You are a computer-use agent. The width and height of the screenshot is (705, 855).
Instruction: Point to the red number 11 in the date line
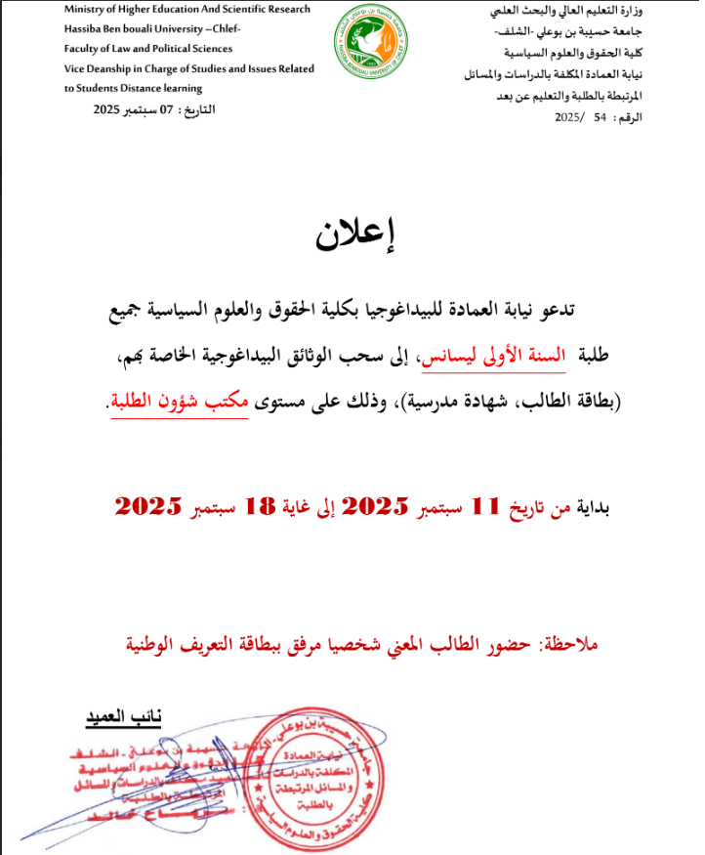486,507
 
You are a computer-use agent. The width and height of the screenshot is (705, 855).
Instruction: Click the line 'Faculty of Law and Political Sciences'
147,48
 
